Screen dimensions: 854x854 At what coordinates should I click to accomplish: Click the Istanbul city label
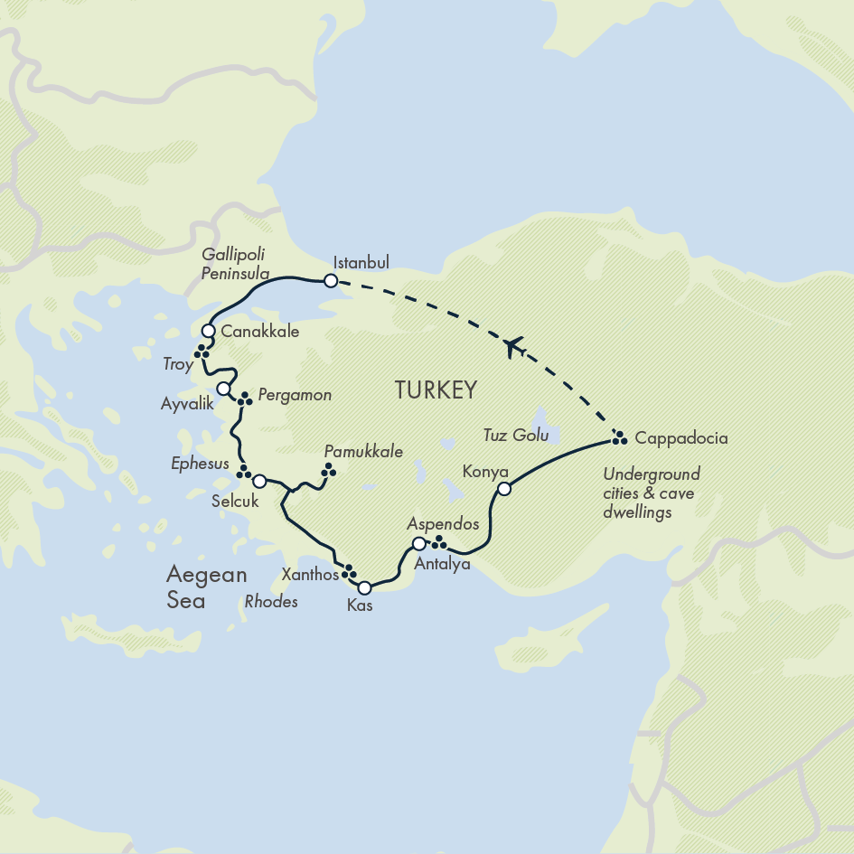click(x=361, y=263)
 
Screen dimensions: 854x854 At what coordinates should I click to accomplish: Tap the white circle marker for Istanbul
click(x=331, y=281)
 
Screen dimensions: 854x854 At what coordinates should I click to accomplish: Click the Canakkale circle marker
click(x=209, y=331)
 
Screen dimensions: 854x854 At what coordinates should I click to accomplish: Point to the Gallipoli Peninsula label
click(x=236, y=262)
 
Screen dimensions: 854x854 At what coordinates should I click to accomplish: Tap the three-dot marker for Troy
click(x=202, y=352)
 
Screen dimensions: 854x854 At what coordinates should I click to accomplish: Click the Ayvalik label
click(x=187, y=404)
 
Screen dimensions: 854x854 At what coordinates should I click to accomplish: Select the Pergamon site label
click(x=295, y=395)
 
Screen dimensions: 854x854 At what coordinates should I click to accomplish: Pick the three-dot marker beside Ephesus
click(x=242, y=472)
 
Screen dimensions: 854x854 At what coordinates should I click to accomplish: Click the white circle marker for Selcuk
click(x=259, y=481)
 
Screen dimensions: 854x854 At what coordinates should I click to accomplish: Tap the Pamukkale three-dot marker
click(x=328, y=469)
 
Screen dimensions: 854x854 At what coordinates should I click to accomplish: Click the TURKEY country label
click(x=435, y=390)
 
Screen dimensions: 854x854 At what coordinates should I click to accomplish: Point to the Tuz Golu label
click(x=516, y=436)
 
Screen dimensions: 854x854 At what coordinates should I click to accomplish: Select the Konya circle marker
click(x=504, y=489)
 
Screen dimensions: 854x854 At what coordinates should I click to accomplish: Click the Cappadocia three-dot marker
click(x=619, y=438)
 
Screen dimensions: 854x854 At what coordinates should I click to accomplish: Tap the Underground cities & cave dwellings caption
click(x=651, y=493)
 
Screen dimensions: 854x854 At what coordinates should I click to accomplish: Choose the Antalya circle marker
click(x=418, y=543)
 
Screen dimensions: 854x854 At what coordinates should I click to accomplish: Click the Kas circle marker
click(x=364, y=587)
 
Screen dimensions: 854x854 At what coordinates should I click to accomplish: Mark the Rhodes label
click(x=270, y=601)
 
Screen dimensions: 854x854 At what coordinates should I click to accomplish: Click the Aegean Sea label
click(x=193, y=587)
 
